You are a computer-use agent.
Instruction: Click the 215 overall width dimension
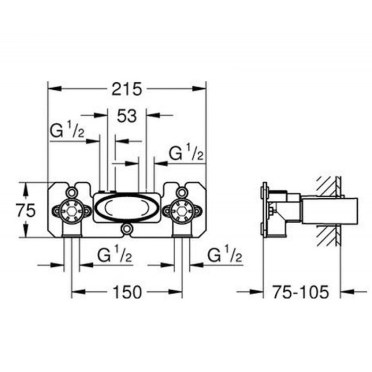tap(126, 89)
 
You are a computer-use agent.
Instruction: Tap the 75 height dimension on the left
tap(25, 210)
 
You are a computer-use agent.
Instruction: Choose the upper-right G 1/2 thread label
tap(187, 154)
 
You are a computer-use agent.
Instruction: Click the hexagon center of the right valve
tap(181, 211)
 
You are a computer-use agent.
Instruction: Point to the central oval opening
tap(126, 207)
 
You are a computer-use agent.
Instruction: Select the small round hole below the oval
tap(126, 229)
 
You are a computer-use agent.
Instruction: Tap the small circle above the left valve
tap(72, 192)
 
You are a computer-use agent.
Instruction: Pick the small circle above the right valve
tap(181, 192)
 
